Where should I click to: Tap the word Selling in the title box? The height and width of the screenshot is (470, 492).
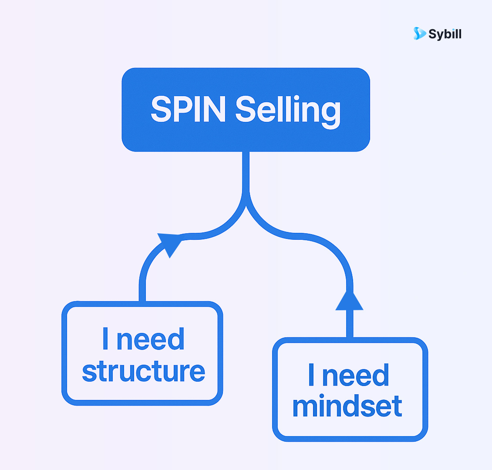pos(288,110)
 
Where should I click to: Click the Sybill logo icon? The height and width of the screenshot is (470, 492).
pos(419,34)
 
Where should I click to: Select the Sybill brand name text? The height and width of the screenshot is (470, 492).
pos(445,34)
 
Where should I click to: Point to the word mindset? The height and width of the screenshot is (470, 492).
pos(347,406)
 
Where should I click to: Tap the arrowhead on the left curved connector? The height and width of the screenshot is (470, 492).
pos(170,244)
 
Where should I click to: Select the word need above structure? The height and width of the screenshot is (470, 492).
pos(151,339)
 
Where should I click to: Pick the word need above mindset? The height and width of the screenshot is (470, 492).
pos(355,375)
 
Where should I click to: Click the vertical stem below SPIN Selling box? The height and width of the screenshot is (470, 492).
pos(246,172)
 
